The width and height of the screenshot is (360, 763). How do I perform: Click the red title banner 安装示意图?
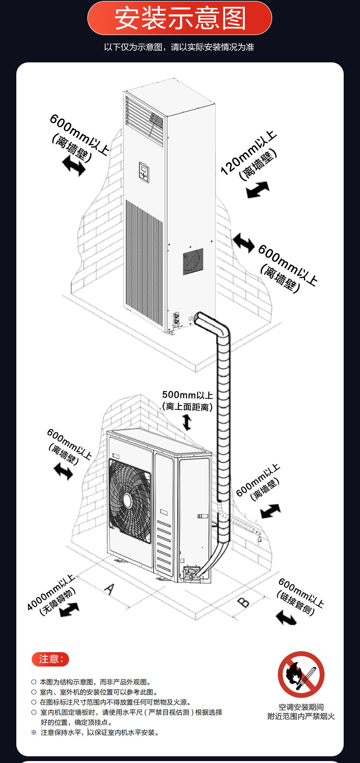pyautogui.click(x=180, y=18)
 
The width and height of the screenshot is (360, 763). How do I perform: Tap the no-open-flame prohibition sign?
pyautogui.click(x=301, y=674)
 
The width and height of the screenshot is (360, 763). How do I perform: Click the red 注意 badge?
pyautogui.click(x=50, y=659)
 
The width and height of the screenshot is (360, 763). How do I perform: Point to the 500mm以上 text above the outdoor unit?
pyautogui.click(x=187, y=395)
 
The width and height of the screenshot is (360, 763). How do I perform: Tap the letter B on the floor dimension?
pyautogui.click(x=244, y=601)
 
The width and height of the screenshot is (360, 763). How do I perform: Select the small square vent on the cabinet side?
pyautogui.click(x=193, y=262)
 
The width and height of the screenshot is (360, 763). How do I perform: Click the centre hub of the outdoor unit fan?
pyautogui.click(x=128, y=501)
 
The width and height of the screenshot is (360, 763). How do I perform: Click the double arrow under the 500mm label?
pyautogui.click(x=187, y=422)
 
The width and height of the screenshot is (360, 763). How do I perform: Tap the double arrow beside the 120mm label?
pyautogui.click(x=258, y=190)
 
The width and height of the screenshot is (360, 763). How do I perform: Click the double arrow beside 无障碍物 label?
pyautogui.click(x=69, y=610)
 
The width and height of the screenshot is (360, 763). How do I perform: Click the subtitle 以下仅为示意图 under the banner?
pyautogui.click(x=179, y=47)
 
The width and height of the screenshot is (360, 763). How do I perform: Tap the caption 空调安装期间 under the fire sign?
pyautogui.click(x=301, y=707)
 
